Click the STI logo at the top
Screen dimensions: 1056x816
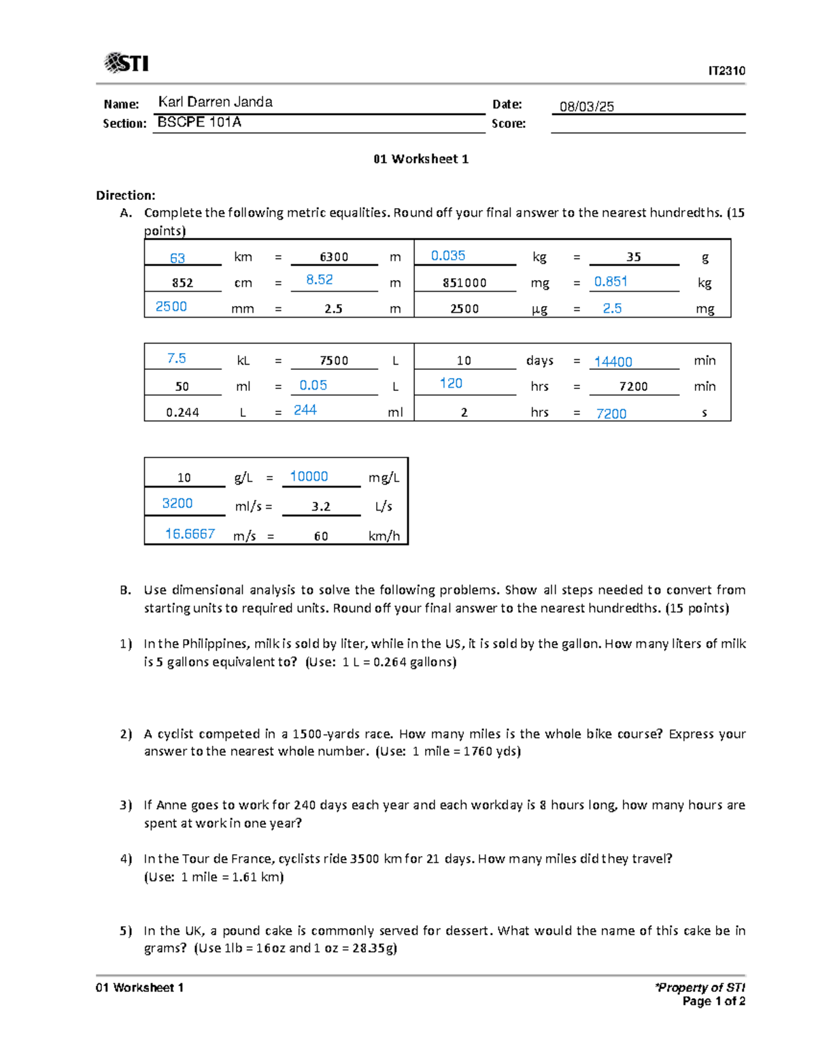click(x=126, y=63)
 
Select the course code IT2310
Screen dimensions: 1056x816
click(x=726, y=71)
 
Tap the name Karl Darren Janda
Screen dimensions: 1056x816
click(x=215, y=102)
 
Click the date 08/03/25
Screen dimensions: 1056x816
click(x=586, y=107)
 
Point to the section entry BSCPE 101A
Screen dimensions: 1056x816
click(x=199, y=122)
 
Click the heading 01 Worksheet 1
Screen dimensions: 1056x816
click(x=420, y=159)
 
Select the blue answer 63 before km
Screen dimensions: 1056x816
click(x=177, y=258)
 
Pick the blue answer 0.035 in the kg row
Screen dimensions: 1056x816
click(x=448, y=256)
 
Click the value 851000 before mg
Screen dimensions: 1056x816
click(x=464, y=283)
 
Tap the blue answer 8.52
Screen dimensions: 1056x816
click(x=319, y=279)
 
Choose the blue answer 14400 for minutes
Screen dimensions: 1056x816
click(x=613, y=362)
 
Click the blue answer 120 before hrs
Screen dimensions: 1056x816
click(x=451, y=384)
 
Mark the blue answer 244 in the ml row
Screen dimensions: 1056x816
click(x=305, y=410)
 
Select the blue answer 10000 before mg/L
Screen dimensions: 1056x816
click(x=309, y=477)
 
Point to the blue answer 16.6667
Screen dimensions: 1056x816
click(x=190, y=534)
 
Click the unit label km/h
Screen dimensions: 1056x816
click(x=384, y=536)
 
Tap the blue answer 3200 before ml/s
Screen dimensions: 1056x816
click(x=177, y=503)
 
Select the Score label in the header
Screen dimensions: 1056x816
click(x=509, y=124)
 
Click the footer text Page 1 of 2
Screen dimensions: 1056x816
click(x=713, y=1002)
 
